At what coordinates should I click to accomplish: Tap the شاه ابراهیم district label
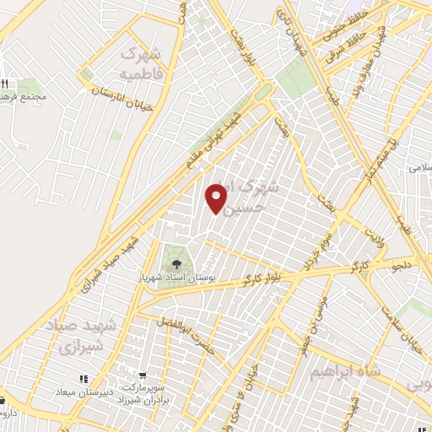coord(347,370)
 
